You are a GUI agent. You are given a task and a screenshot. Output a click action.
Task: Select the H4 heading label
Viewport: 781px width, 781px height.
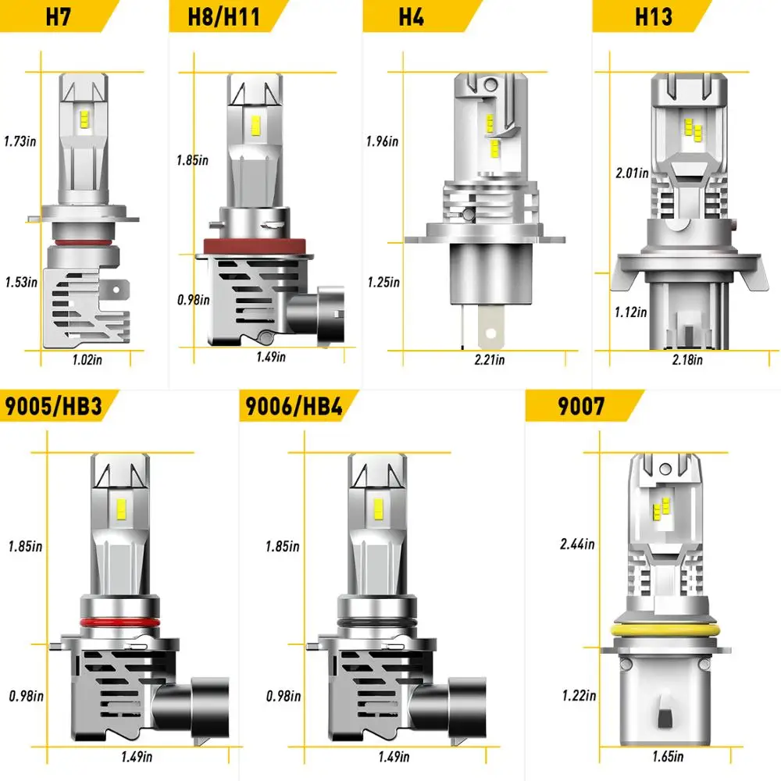pyautogui.click(x=411, y=16)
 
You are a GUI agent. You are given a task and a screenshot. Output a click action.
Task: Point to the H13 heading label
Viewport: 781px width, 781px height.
pyautogui.click(x=653, y=16)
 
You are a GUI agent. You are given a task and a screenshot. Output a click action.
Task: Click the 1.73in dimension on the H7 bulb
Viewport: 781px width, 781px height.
pyautogui.click(x=20, y=141)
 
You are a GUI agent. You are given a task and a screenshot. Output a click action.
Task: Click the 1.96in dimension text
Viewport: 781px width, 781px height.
pyautogui.click(x=382, y=141)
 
